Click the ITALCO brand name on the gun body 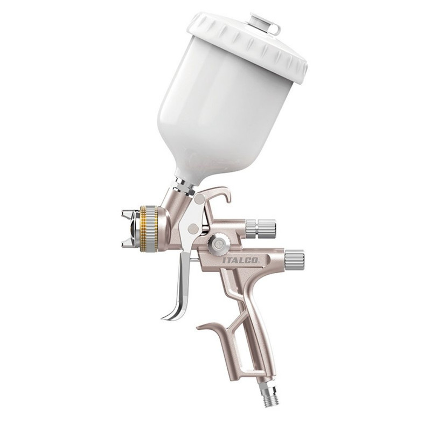tap(240, 260)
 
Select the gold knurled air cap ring tap(149, 228)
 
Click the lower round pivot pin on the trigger tap(194, 228)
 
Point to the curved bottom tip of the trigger tap(169, 317)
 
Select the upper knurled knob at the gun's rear tap(261, 228)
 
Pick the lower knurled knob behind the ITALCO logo tap(294, 260)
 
